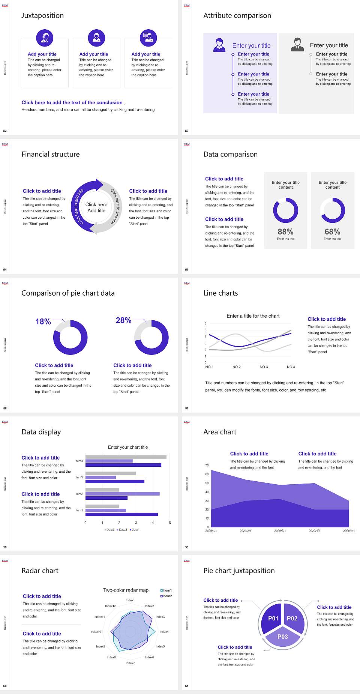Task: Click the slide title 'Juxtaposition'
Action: point(42,15)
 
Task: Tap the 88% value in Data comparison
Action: point(285,232)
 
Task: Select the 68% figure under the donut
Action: point(332,232)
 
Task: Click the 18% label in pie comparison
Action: point(43,321)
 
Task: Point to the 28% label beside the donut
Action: point(124,320)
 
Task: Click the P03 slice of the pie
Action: point(283,637)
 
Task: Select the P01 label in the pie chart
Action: point(273,618)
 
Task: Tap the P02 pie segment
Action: point(292,618)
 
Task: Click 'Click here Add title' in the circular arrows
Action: point(96,207)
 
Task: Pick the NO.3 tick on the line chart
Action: point(264,367)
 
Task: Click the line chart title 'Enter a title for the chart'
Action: point(253,316)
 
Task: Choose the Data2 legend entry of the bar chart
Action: point(122,530)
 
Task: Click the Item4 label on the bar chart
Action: point(79,461)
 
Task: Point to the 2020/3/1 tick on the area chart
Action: point(280,531)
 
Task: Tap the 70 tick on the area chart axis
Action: point(207,466)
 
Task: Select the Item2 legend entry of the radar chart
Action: point(166,596)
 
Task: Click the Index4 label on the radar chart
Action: point(164,632)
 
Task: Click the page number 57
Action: point(187,409)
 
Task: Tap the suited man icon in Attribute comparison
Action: point(297,45)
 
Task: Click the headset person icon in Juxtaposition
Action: point(45,38)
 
